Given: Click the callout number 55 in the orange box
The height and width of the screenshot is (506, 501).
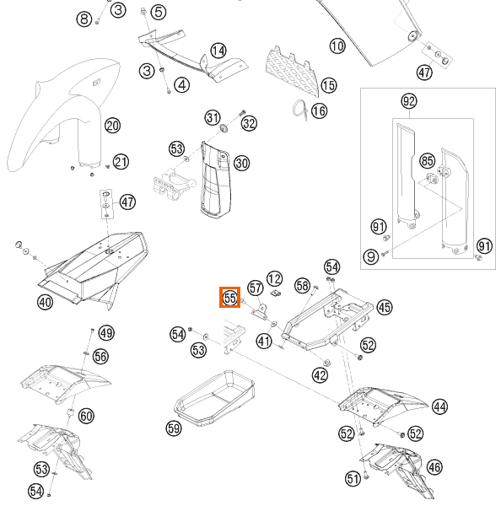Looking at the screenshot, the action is (x=230, y=298).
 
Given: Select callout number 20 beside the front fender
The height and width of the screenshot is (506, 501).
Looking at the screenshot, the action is (x=113, y=126).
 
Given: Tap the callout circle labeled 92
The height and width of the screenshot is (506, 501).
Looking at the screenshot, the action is (x=409, y=101).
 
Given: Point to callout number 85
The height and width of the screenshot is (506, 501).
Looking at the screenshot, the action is (x=427, y=160).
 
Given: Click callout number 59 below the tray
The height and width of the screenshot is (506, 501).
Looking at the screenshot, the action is (x=174, y=428).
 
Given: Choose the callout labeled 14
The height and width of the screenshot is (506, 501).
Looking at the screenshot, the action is (x=218, y=51).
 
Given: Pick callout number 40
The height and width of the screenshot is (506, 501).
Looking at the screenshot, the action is (x=46, y=303).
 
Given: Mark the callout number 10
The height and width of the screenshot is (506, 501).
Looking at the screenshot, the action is (x=337, y=46).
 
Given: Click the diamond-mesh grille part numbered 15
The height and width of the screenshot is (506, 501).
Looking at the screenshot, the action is (x=292, y=72).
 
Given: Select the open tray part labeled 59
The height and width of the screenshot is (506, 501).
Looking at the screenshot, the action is (x=214, y=397).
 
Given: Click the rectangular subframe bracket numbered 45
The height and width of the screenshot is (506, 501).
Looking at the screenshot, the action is (x=327, y=319).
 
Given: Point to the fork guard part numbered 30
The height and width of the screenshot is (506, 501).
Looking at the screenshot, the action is (x=215, y=180).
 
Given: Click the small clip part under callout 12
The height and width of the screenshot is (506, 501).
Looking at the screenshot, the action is (x=275, y=293).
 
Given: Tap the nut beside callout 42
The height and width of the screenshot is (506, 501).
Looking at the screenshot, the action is (x=326, y=363).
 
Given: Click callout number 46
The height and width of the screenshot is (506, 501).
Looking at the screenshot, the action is (x=434, y=467).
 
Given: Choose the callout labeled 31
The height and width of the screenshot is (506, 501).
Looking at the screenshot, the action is (x=213, y=117).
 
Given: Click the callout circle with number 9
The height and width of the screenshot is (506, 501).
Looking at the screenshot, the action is (x=371, y=257).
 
